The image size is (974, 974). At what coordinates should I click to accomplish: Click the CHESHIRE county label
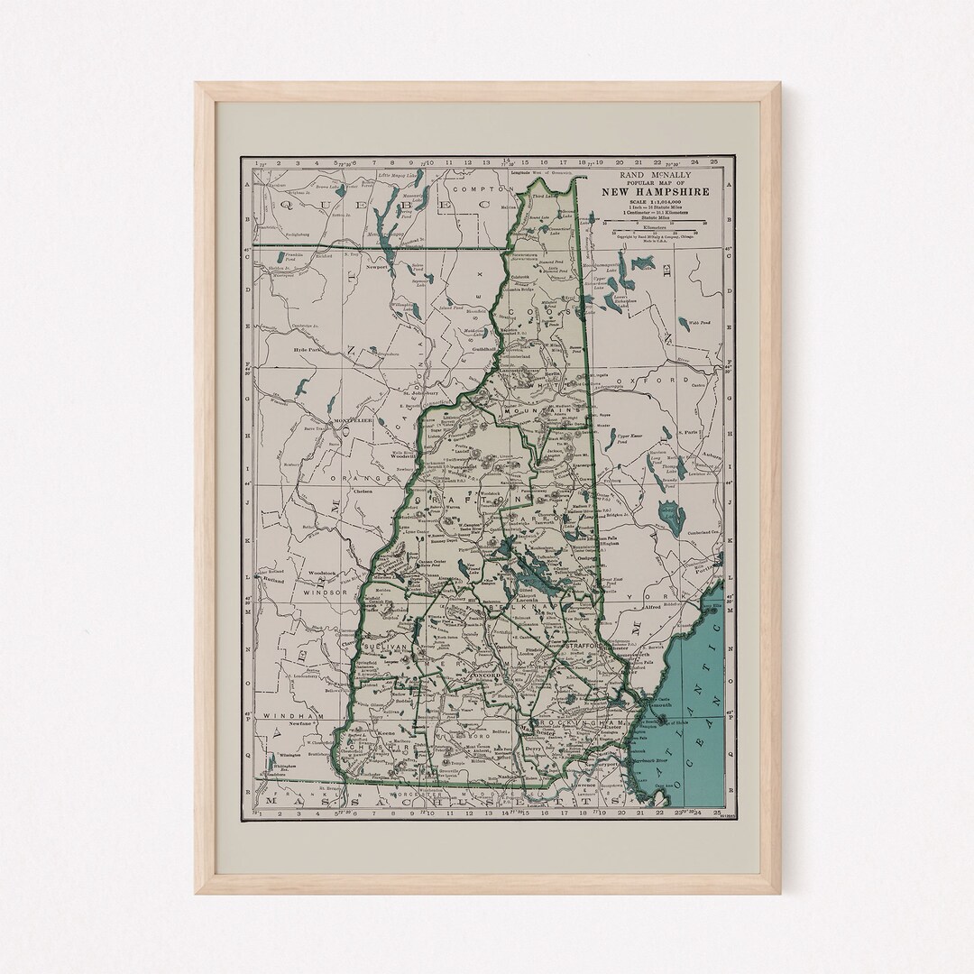(377, 747)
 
